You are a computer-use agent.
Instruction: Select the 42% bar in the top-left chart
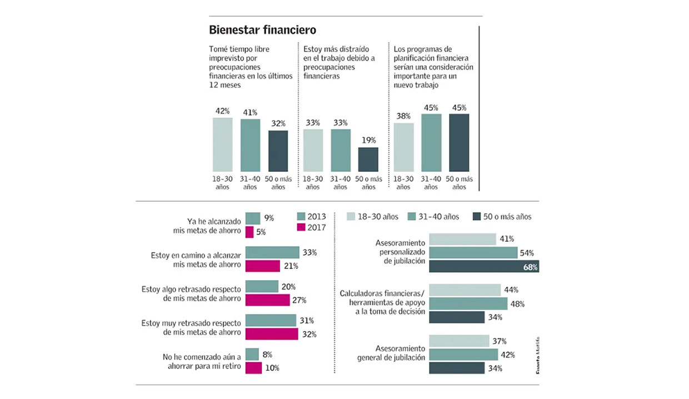[x=222, y=144]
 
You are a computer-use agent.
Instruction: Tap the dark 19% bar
[x=368, y=159]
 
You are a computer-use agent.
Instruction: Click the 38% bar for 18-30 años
[x=404, y=147]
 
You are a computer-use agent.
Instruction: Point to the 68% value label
[x=531, y=267]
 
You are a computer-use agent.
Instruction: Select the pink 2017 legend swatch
[x=302, y=227]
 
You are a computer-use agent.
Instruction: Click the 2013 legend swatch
[x=302, y=216]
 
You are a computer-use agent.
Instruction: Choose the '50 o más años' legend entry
[x=502, y=216]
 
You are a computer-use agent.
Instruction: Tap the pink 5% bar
[x=249, y=232]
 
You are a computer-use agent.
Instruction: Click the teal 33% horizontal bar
[x=272, y=253]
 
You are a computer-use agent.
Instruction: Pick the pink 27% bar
[x=267, y=300]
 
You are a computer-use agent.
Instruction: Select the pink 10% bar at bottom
[x=253, y=368]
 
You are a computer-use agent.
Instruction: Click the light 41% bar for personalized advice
[x=462, y=239]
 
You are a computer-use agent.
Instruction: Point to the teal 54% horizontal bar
[x=473, y=253]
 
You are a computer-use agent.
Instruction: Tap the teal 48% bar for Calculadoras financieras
[x=468, y=303]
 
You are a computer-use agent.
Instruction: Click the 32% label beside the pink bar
[x=309, y=334]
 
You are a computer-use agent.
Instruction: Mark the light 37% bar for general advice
[x=459, y=341]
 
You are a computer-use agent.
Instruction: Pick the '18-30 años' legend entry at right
[x=372, y=216]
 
